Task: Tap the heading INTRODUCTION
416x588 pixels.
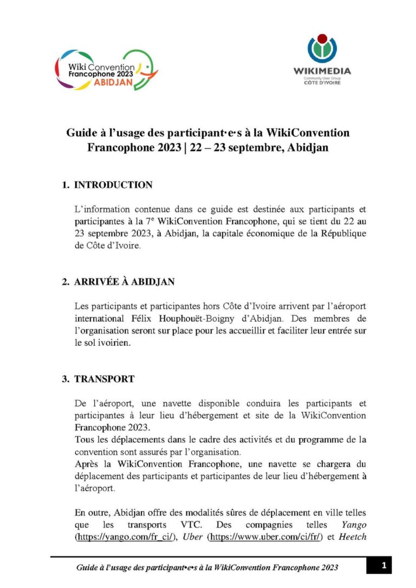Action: click(113, 185)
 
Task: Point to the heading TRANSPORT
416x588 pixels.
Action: click(105, 379)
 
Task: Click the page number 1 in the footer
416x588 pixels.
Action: click(383, 566)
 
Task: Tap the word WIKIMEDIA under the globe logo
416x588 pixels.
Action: click(322, 70)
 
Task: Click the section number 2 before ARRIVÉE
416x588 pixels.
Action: click(64, 282)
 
